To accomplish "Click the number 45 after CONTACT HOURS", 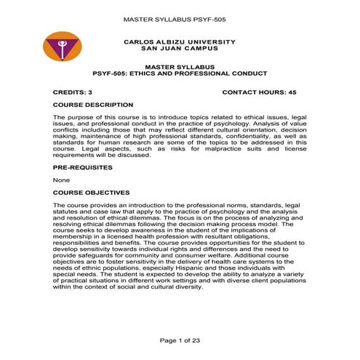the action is [302, 93].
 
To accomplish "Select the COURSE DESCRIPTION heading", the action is [93, 105].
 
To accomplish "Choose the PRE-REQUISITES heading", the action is [83, 167].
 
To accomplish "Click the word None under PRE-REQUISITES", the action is [61, 180].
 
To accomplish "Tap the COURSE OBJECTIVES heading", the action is [91, 193].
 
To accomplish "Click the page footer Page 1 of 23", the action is [180, 341].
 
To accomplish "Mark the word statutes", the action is [68, 212].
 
